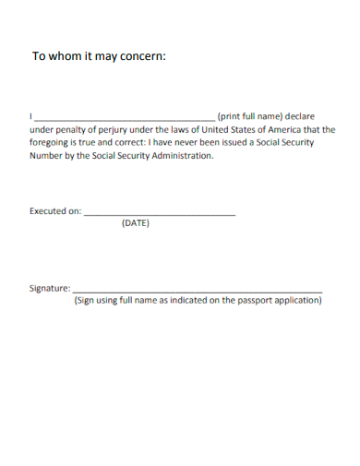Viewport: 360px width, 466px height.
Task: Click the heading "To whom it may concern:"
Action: pos(99,55)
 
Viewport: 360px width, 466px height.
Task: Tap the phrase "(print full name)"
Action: pos(249,117)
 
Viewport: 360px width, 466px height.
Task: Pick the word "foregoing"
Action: pos(51,143)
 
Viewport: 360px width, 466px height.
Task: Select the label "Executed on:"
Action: pos(55,211)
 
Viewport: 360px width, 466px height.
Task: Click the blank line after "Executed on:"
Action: pos(160,214)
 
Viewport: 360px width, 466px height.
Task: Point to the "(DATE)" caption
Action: pos(135,224)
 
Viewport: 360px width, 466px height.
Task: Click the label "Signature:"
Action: pos(50,288)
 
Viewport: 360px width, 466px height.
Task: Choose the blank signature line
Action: pos(198,291)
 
